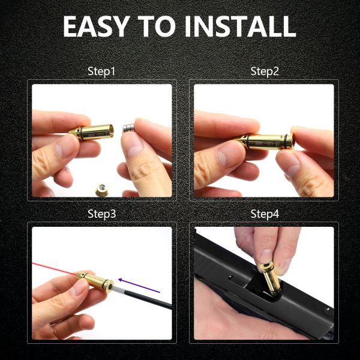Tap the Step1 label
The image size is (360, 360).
[x=101, y=72]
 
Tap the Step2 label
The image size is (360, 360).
[x=265, y=72]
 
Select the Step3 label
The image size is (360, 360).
[x=101, y=214]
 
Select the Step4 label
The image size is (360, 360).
[x=265, y=214]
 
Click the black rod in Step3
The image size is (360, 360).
[x=150, y=300]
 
